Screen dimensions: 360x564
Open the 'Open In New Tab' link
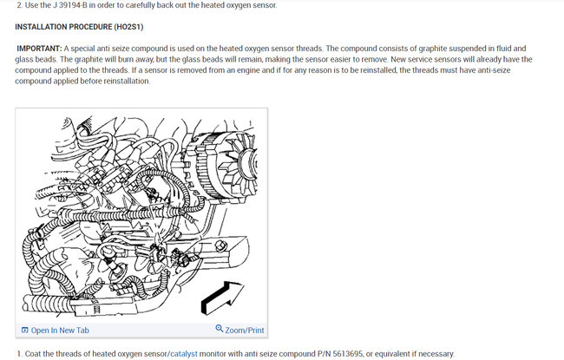(x=59, y=330)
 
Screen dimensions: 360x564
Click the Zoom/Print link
(x=244, y=330)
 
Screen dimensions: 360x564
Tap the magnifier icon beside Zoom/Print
(x=219, y=330)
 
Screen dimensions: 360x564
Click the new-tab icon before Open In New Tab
(x=24, y=330)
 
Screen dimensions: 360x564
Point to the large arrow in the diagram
(x=223, y=297)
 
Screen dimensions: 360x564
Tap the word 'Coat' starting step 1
(x=36, y=353)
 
